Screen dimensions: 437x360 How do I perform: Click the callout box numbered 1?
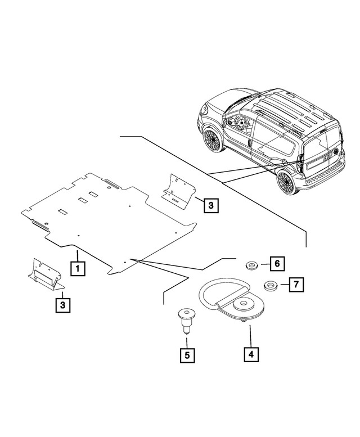(x=78, y=268)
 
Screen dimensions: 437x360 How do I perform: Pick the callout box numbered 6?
(x=277, y=262)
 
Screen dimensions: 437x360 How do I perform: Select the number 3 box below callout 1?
(x=62, y=305)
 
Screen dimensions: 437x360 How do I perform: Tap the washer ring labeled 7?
(x=269, y=286)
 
